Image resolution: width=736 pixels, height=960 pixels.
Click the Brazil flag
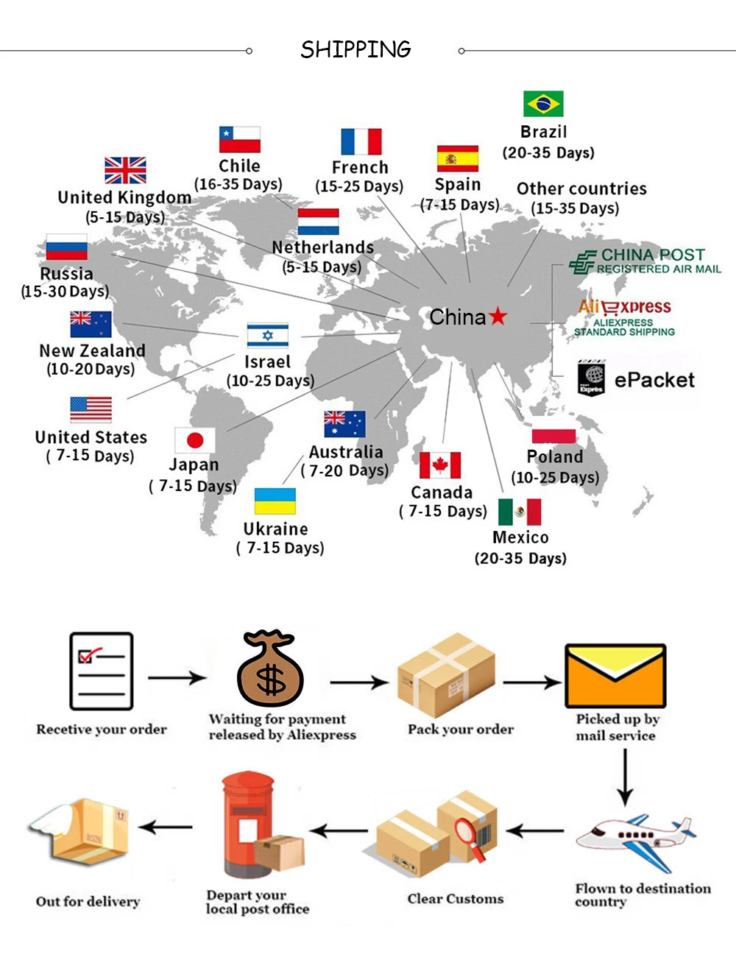coord(543,104)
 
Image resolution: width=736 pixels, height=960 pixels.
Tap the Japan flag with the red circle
coord(195,440)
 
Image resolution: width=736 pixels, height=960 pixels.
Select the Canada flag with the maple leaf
coord(440,465)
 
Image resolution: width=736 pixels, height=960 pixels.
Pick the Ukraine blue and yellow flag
coord(275,501)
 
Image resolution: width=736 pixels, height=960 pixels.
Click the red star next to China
coord(498,317)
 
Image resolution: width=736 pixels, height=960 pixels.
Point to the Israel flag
coord(267,336)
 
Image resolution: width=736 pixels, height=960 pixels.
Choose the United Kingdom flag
coord(125,170)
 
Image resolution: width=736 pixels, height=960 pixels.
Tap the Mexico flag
coord(520,512)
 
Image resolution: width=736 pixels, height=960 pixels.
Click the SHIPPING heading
coord(355,50)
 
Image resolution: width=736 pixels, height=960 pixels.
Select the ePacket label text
coord(654,380)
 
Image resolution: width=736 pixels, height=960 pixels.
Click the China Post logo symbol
coord(583,262)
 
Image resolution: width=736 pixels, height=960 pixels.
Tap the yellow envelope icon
coord(615,676)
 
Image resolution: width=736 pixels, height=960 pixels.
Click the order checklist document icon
coord(102,671)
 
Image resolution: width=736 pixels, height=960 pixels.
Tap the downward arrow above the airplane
coord(625,777)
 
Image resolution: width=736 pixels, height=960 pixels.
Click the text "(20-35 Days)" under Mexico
coord(520,558)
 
